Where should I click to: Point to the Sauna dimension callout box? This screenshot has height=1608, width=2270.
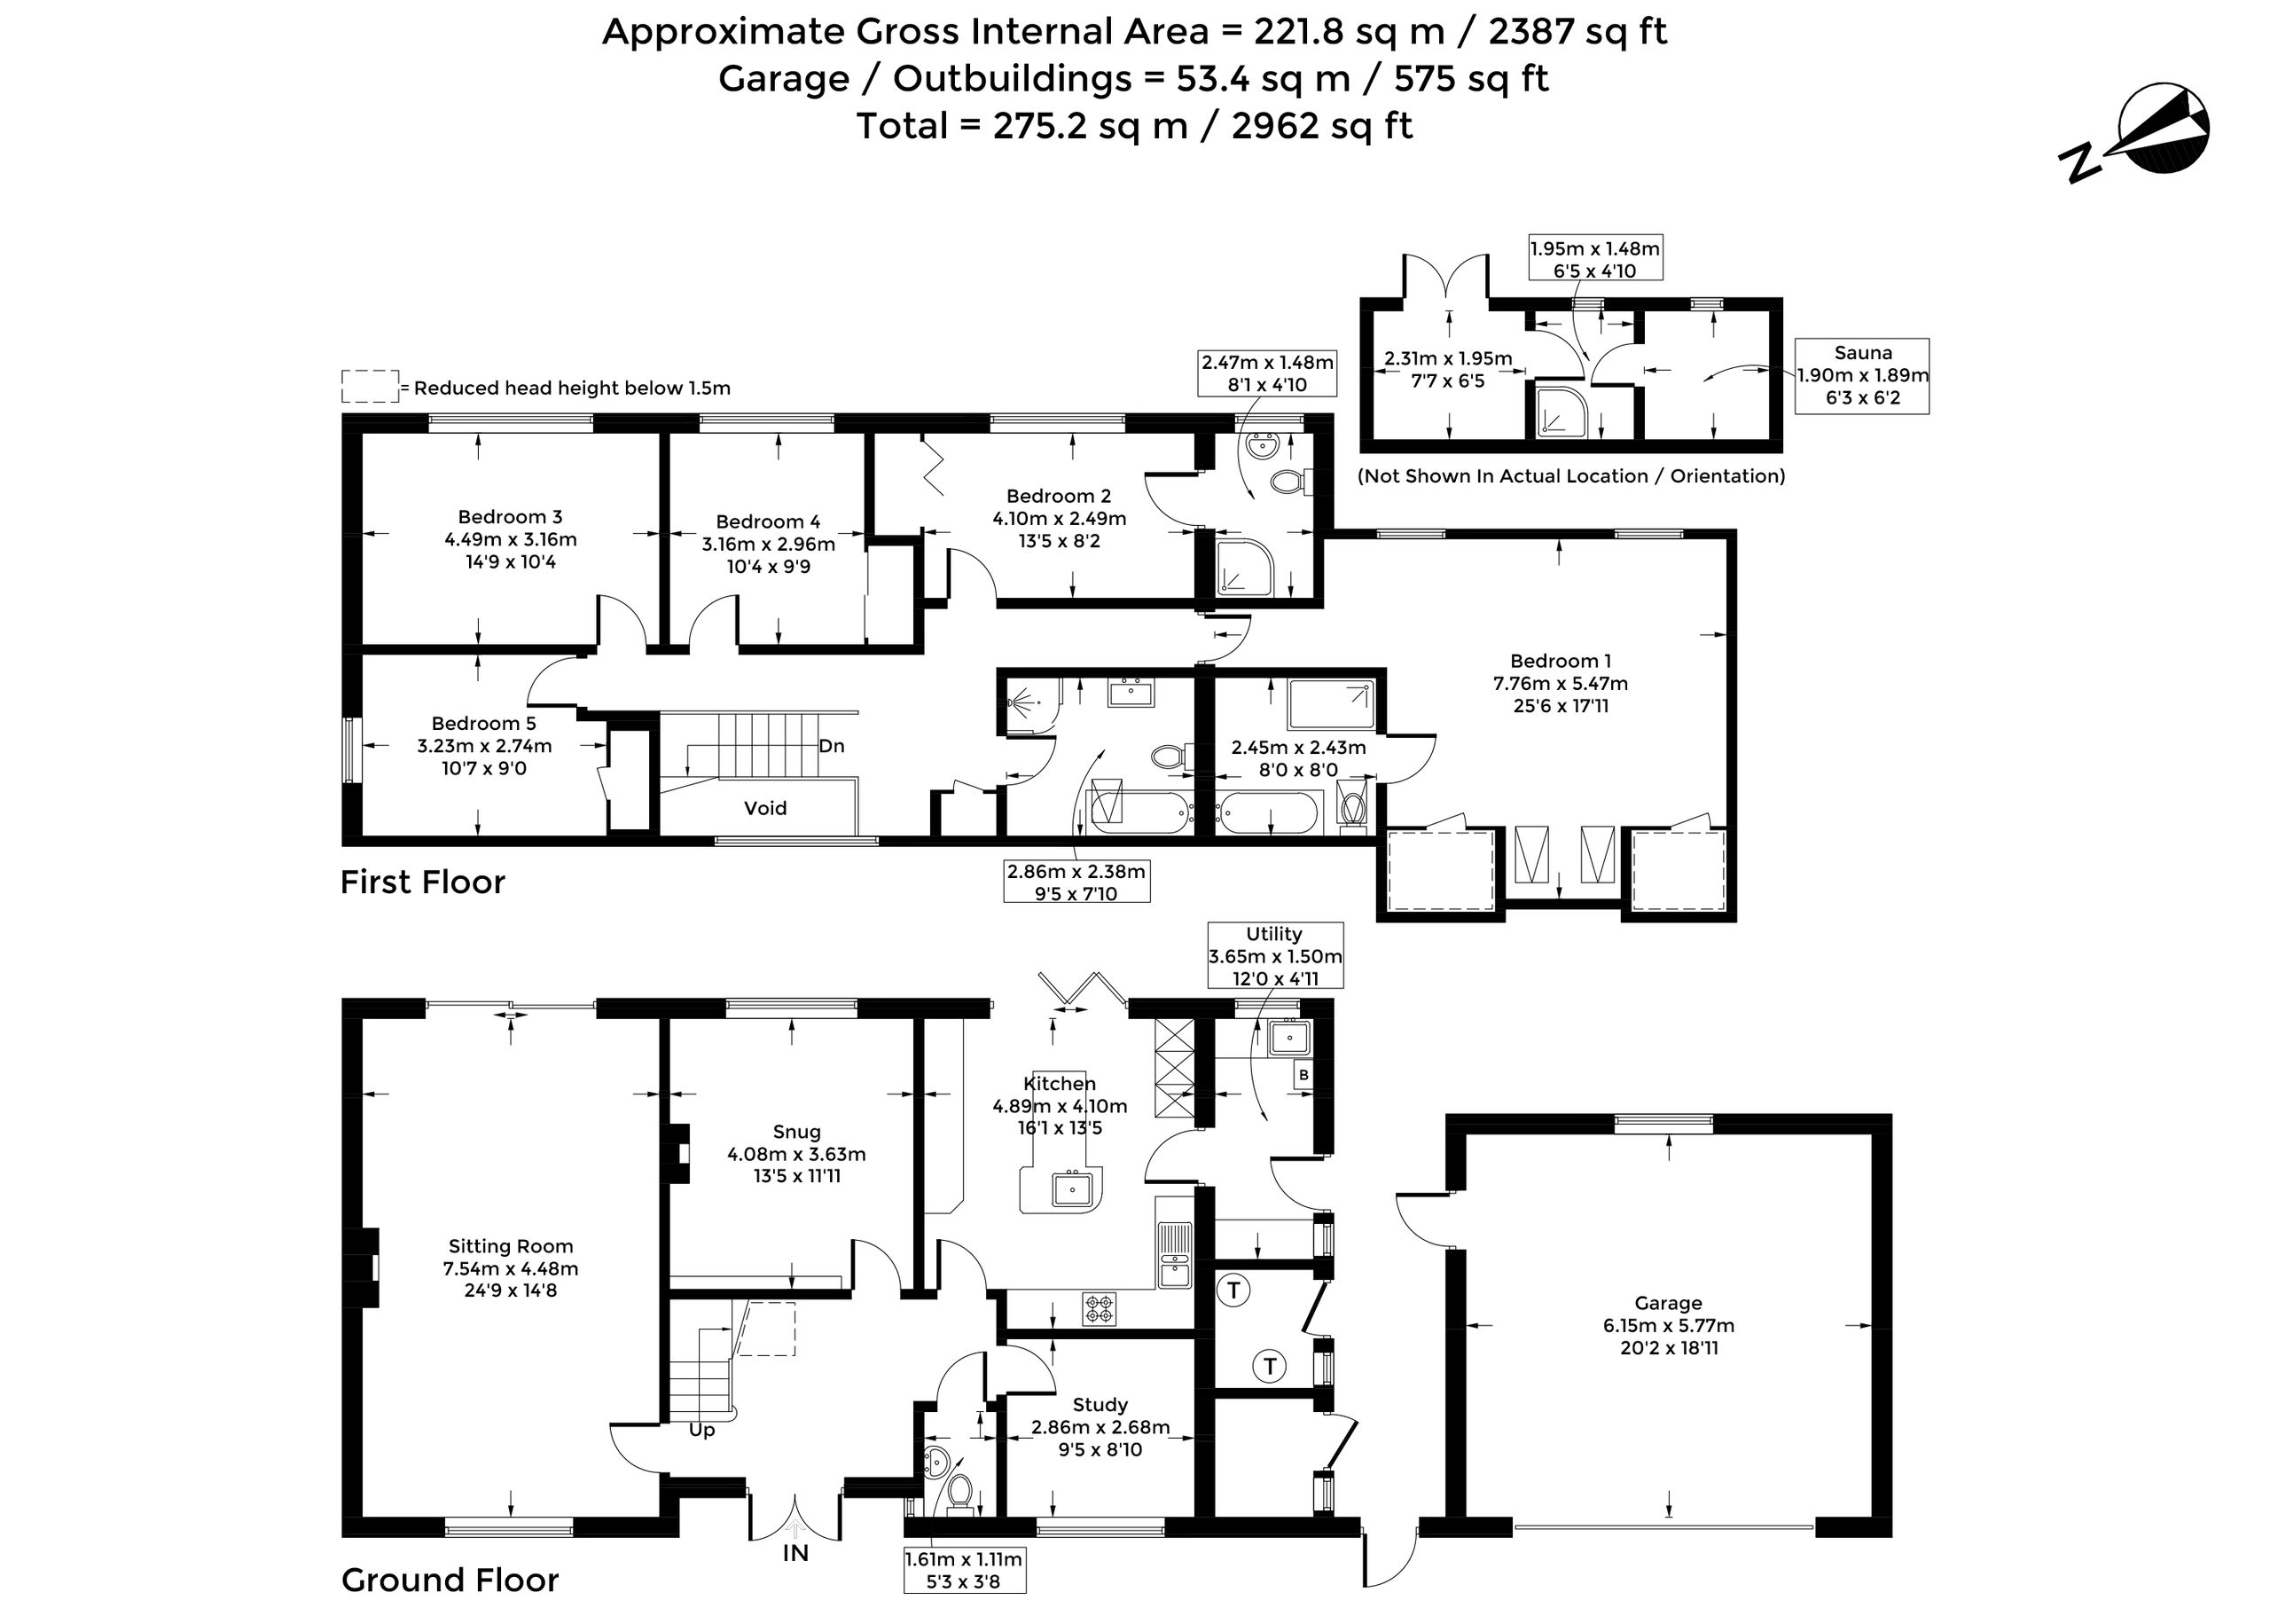(x=1862, y=375)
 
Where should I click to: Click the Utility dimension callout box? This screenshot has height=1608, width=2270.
(x=1275, y=955)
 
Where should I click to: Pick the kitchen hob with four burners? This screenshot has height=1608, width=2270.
(x=1099, y=1309)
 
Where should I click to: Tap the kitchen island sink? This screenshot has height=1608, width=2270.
(x=1071, y=1188)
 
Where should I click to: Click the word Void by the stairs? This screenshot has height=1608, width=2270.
(x=765, y=808)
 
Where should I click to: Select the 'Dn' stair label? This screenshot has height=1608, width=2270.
(x=832, y=746)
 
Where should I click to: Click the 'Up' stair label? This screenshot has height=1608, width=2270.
(x=702, y=1431)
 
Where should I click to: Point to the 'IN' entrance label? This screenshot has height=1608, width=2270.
(x=796, y=1552)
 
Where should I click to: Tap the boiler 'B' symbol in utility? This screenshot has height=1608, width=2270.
(x=1303, y=1074)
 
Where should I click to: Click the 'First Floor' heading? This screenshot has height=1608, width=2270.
(x=423, y=882)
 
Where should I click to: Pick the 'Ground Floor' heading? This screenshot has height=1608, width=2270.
(x=450, y=1580)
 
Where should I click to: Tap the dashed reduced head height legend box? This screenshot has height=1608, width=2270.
(x=371, y=388)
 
